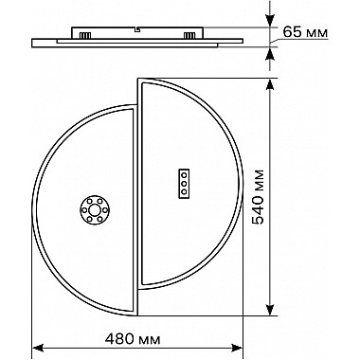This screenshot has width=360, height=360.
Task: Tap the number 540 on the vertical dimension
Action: click(259, 208)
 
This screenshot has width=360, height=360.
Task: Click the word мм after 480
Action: click(150, 341)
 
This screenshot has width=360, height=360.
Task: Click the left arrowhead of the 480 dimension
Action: click(38, 348)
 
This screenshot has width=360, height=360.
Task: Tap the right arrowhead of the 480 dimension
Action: click(237, 348)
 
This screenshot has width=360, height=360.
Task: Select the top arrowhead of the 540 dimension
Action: click(270, 85)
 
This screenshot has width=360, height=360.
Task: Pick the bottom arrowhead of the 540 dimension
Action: click(270, 310)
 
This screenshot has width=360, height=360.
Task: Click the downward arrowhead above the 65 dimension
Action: click(270, 21)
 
